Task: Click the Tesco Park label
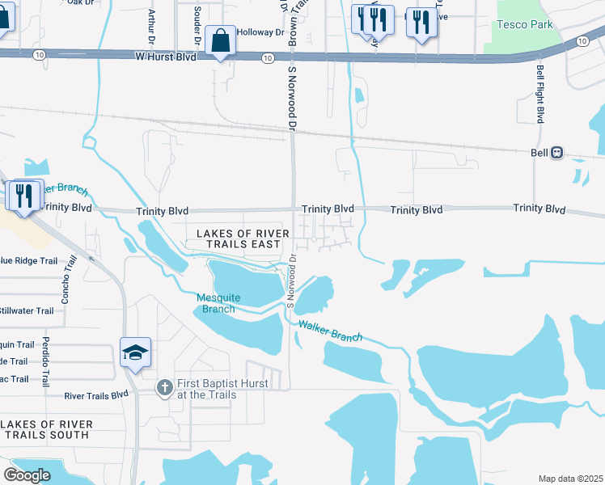click(525, 24)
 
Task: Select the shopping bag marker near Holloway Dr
click(220, 41)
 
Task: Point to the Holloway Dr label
click(264, 33)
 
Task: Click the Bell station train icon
click(557, 153)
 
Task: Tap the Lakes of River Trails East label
click(239, 238)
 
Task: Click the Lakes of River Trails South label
click(47, 429)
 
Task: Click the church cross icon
click(164, 389)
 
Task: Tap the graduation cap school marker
click(135, 352)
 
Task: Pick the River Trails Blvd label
click(96, 395)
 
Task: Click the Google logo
click(26, 475)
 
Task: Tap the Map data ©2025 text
click(569, 479)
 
